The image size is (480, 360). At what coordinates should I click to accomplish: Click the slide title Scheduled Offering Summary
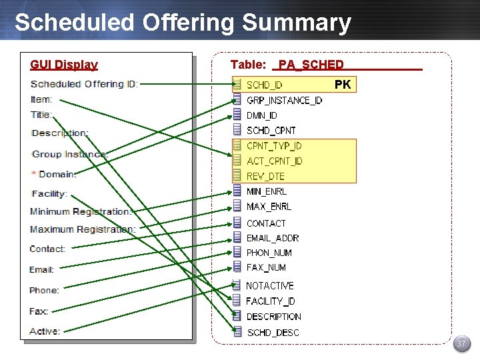(183, 23)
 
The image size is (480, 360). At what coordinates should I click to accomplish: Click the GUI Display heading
(64, 65)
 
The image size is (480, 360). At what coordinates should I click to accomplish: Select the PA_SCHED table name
(311, 65)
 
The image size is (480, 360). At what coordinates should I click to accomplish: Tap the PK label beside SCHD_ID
(343, 85)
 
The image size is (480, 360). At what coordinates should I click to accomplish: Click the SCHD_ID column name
(265, 85)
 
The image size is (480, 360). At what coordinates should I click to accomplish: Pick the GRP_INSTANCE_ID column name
(284, 101)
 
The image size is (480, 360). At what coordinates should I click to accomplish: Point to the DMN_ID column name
(262, 116)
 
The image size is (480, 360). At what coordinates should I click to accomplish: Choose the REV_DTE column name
(265, 177)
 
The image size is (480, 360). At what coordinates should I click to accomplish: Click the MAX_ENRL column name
(269, 207)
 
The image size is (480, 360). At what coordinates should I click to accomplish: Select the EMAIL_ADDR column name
(273, 238)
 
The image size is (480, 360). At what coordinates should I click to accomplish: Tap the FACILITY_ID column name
(271, 301)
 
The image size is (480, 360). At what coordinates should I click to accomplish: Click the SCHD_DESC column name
(273, 333)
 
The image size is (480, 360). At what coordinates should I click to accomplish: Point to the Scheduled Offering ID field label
(84, 84)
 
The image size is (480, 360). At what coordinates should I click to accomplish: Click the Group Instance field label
(69, 154)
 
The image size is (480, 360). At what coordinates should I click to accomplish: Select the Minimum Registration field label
(81, 211)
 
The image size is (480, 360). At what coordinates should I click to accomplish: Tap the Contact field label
(47, 249)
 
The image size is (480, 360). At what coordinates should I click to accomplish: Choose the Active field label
(45, 331)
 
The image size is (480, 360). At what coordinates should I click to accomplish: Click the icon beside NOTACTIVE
(237, 285)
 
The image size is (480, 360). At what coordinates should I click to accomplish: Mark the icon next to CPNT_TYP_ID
(237, 145)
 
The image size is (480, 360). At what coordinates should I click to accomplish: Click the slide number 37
(461, 344)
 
